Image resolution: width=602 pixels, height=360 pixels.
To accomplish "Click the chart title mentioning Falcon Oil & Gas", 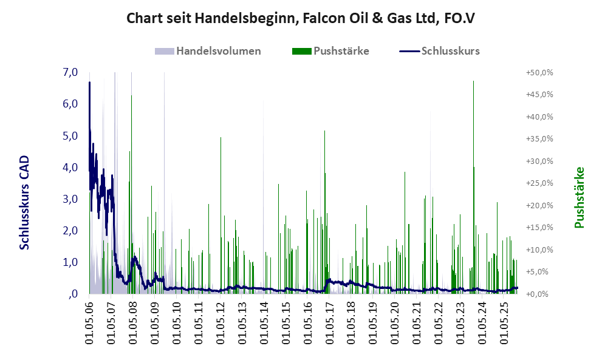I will click(x=300, y=18).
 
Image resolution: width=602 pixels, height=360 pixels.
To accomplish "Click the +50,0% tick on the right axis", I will click(x=539, y=72).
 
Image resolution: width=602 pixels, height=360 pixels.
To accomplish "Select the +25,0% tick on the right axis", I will click(x=539, y=183).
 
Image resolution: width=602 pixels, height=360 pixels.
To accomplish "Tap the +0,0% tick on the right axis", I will click(x=539, y=294).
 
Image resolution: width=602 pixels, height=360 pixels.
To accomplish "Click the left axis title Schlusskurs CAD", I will click(x=24, y=202).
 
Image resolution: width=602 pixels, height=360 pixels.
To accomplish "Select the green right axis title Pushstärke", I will click(x=579, y=197).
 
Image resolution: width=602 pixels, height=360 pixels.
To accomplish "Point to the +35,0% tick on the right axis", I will click(x=539, y=138).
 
